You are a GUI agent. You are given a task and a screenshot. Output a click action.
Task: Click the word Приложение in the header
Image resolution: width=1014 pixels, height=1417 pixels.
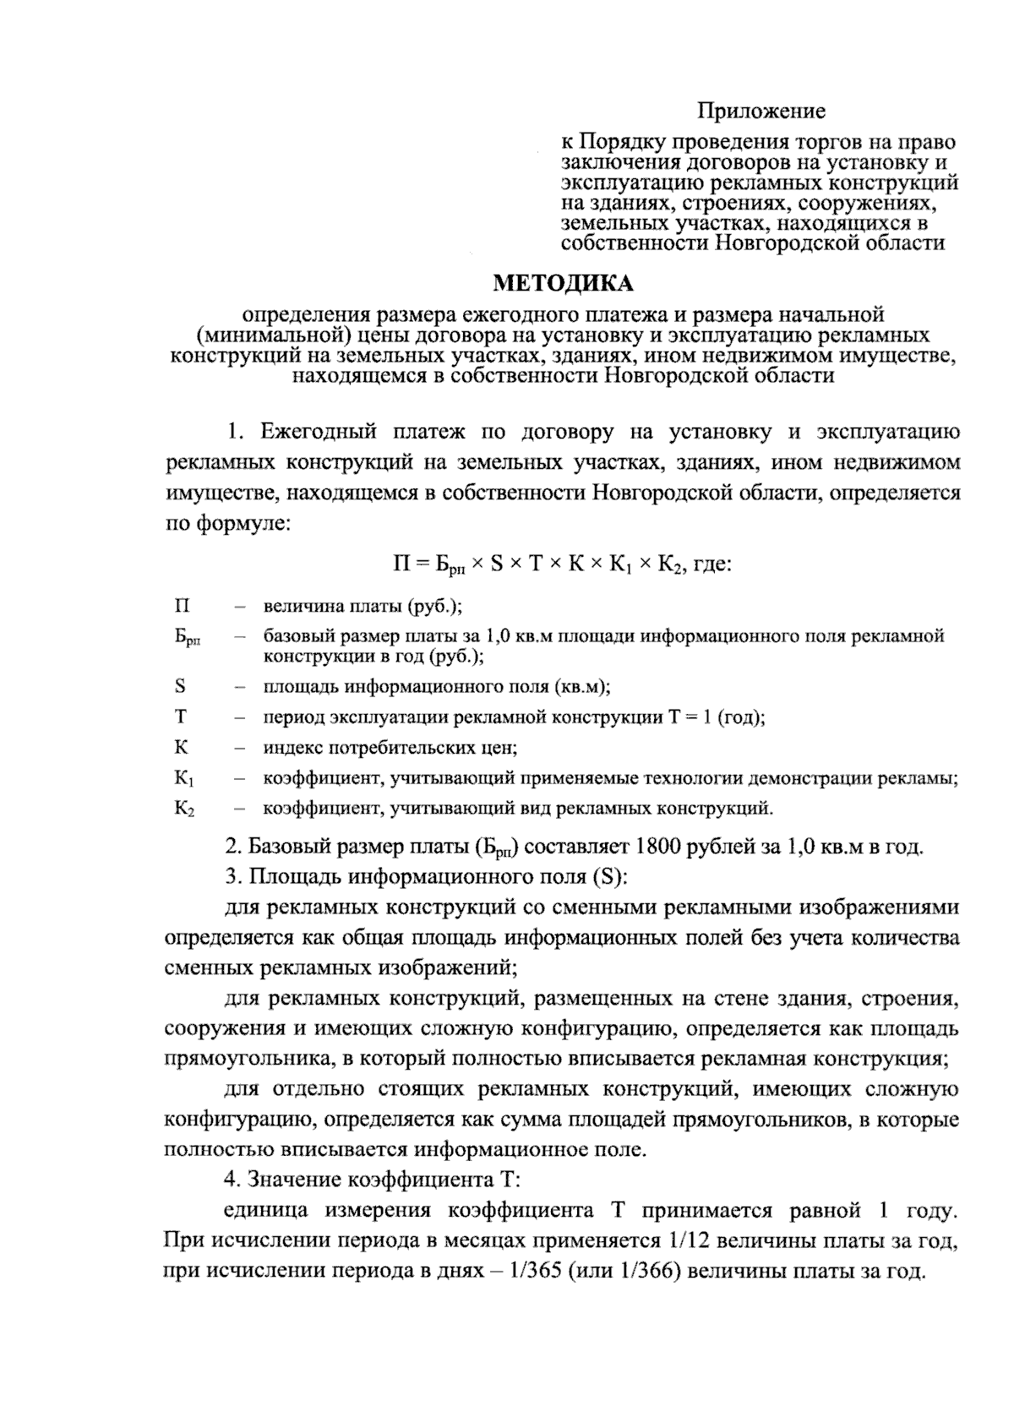[x=760, y=111]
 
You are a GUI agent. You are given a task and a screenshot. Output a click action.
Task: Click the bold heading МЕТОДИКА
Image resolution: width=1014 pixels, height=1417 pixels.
[x=563, y=281]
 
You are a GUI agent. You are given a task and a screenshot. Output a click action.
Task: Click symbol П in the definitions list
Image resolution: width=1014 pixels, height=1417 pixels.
[x=182, y=606]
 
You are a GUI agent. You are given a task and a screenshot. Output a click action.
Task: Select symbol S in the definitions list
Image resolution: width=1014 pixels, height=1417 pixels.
[x=180, y=686]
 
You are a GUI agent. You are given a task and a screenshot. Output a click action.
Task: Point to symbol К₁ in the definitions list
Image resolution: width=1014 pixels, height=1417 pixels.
[x=185, y=779]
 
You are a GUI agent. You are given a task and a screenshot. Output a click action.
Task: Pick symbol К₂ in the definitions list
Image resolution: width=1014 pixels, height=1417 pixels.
[x=185, y=809]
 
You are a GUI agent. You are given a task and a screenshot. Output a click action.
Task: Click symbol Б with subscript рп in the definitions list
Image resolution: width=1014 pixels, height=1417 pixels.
[x=188, y=639]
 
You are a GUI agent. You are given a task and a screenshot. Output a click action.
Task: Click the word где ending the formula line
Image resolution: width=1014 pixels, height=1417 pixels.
[x=711, y=563]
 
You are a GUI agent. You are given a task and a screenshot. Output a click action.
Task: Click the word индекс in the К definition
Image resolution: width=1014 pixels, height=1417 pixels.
[x=290, y=747]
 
